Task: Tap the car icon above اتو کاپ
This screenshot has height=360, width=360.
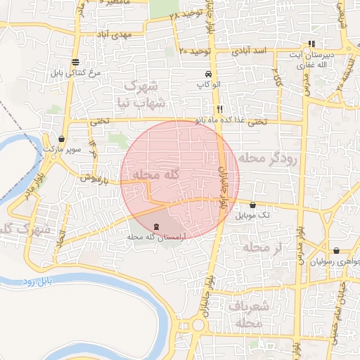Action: (x=207, y=74)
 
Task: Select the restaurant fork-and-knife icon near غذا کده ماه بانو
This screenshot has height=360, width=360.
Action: (x=220, y=110)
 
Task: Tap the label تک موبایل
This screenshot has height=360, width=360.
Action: (x=253, y=214)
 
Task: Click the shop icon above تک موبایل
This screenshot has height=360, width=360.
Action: (x=252, y=205)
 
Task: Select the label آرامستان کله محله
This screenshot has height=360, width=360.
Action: (x=155, y=238)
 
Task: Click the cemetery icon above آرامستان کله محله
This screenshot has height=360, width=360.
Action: (x=155, y=227)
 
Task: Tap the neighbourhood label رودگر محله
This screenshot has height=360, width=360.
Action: (x=268, y=158)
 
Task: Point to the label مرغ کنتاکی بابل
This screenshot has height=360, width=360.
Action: (x=75, y=72)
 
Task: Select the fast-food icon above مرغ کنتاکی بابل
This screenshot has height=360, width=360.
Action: (x=75, y=62)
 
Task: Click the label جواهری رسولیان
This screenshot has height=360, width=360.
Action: (x=336, y=260)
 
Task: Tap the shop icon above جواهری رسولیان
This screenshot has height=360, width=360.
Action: (x=336, y=250)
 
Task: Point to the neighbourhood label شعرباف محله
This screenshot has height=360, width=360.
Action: (x=250, y=314)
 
